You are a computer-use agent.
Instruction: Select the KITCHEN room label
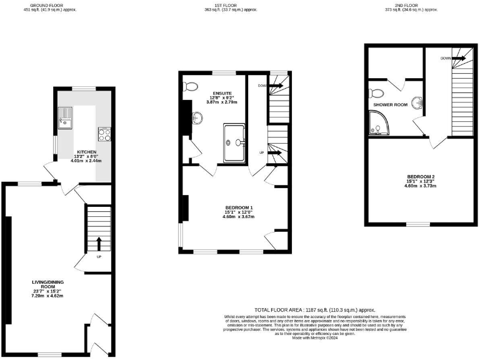click(87, 152)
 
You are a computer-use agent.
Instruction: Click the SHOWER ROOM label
click(391, 104)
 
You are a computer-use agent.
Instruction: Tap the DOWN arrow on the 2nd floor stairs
click(459, 57)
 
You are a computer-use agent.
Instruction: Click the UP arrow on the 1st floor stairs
click(276, 152)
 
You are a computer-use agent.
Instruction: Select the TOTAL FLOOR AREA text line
click(314, 310)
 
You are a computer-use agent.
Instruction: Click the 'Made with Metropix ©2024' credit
click(314, 338)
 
